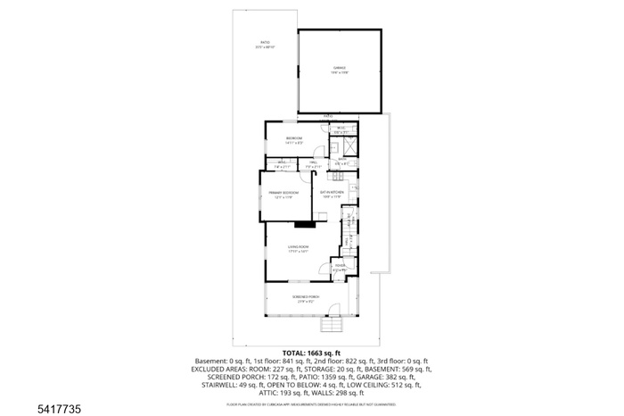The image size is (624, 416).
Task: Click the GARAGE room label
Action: pyautogui.click(x=341, y=69)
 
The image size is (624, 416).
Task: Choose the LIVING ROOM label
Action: pyautogui.click(x=298, y=249)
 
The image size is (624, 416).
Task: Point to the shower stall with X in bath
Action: pyautogui.click(x=350, y=146)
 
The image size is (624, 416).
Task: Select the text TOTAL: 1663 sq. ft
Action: pyautogui.click(x=312, y=353)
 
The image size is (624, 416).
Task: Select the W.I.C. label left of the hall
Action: pyautogui.click(x=279, y=162)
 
